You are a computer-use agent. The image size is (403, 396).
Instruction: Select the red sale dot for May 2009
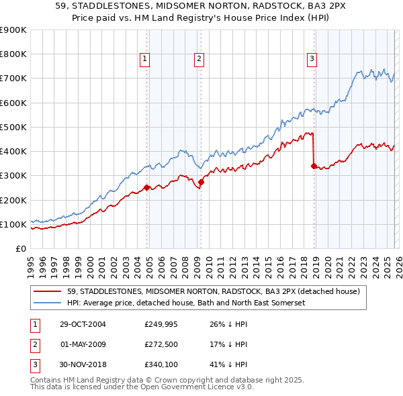coord(201,181)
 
